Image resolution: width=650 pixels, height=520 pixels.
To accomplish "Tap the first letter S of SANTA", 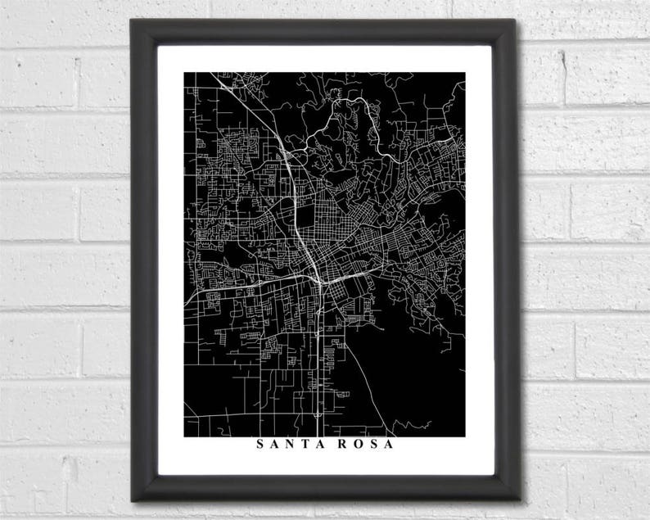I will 260,445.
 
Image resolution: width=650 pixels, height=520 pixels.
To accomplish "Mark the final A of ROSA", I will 387,445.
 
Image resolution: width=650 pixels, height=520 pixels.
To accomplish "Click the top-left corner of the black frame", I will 131,20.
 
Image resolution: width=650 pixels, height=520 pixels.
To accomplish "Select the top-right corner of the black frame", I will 518,20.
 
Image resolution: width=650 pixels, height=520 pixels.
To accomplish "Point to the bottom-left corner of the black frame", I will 131,500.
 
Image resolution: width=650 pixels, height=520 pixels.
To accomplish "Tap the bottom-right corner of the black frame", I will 520,500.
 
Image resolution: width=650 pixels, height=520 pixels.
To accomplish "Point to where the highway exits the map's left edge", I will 186,303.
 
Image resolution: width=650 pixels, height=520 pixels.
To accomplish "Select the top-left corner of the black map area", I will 184,73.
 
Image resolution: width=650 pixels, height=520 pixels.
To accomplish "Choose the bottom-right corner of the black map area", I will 465,436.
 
